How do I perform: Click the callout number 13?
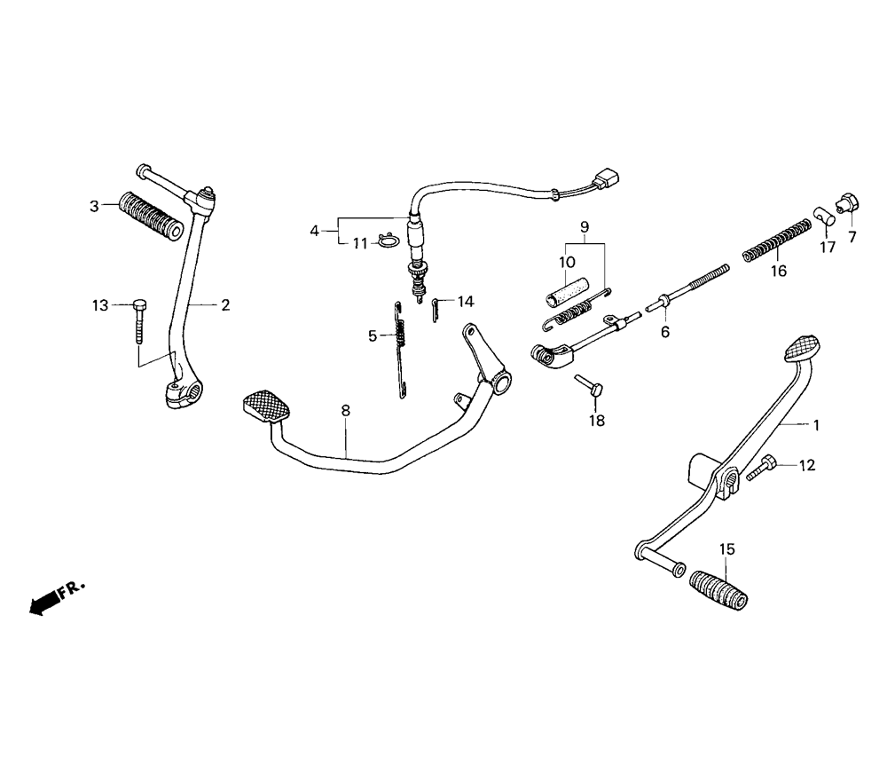coord(98,305)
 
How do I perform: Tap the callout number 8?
coord(345,411)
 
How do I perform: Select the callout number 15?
coord(727,550)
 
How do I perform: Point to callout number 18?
coord(597,421)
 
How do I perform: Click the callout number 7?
coord(853,237)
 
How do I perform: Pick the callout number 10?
coord(567,262)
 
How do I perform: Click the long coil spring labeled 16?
coord(776,241)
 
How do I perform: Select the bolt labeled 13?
coord(141,320)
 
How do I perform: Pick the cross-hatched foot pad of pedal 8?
coord(266,406)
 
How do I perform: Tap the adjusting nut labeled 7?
coord(846,201)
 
